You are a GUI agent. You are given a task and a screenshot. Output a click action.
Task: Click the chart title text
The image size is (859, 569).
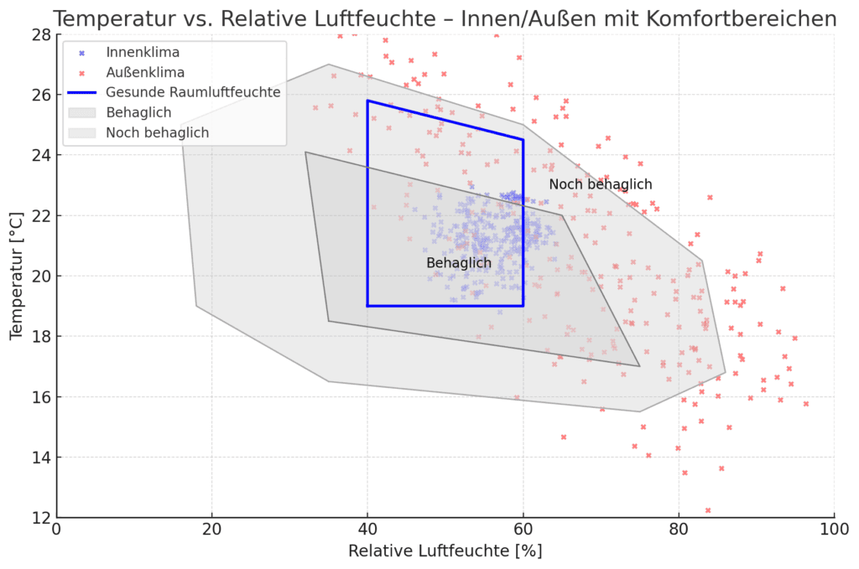pyautogui.click(x=445, y=18)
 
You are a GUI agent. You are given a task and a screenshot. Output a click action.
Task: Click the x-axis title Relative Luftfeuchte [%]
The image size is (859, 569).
pyautogui.click(x=445, y=551)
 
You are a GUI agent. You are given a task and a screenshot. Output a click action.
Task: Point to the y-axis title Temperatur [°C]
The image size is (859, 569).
pyautogui.click(x=17, y=276)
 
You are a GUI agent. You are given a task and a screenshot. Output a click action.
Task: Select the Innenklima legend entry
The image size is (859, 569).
pyautogui.click(x=143, y=52)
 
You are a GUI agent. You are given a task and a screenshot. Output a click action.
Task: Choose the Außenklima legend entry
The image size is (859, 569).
pyautogui.click(x=145, y=72)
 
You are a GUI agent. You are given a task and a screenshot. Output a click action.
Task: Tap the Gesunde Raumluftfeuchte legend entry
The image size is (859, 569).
pyautogui.click(x=193, y=92)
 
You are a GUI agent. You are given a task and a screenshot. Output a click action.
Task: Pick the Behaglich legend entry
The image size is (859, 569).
pyautogui.click(x=138, y=112)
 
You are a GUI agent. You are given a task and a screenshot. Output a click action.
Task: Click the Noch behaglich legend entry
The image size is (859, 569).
pyautogui.click(x=157, y=132)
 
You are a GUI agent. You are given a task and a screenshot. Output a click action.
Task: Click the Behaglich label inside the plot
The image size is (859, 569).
pyautogui.click(x=459, y=263)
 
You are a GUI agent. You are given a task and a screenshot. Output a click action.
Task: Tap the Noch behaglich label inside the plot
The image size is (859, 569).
pyautogui.click(x=601, y=184)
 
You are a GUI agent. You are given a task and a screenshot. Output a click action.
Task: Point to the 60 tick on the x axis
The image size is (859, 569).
pyautogui.click(x=523, y=530)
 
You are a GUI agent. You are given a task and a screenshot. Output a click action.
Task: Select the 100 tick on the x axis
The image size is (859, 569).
pyautogui.click(x=834, y=530)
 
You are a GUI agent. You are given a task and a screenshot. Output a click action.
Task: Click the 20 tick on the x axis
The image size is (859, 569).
pyautogui.click(x=212, y=530)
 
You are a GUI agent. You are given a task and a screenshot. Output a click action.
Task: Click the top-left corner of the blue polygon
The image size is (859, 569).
pyautogui.click(x=367, y=101)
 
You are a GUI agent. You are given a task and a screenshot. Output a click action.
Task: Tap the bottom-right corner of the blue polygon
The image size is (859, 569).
pyautogui.click(x=523, y=306)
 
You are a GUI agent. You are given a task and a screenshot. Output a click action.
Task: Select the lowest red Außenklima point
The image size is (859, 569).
pyautogui.click(x=708, y=510)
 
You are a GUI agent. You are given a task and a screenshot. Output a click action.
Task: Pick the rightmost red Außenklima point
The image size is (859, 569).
pyautogui.click(x=806, y=404)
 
